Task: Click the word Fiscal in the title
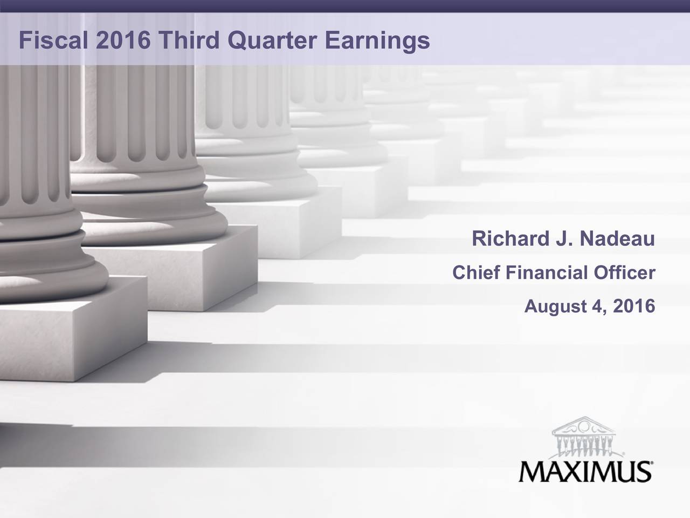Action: pyautogui.click(x=53, y=40)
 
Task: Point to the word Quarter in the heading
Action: pyautogui.click(x=272, y=41)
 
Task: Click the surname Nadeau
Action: pyautogui.click(x=617, y=238)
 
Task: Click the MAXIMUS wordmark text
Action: pyautogui.click(x=585, y=472)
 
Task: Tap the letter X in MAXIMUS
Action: pyautogui.click(x=571, y=472)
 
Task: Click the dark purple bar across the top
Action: pyautogui.click(x=345, y=6)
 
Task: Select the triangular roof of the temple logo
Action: pyautogui.click(x=584, y=425)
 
